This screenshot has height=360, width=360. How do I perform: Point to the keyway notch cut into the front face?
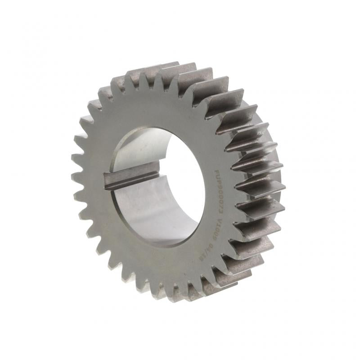coord(108,180)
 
